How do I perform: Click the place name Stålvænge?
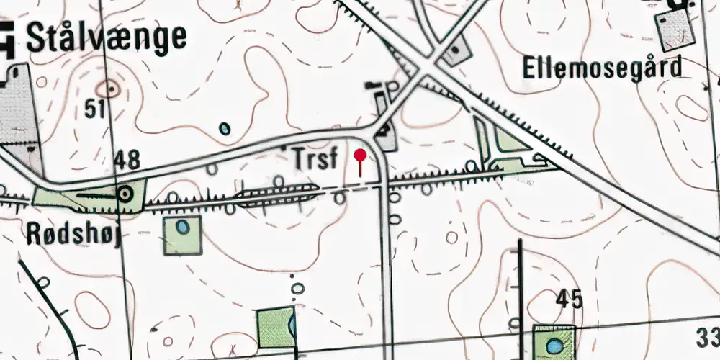tap(106, 37)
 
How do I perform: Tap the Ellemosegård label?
tap(601, 69)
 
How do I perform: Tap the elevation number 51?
tap(96, 109)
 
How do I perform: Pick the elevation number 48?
tap(126, 160)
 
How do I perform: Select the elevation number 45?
tap(569, 299)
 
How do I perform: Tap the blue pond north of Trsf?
tap(225, 130)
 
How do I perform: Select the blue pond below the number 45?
tap(554, 346)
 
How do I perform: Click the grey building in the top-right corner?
tap(675, 27)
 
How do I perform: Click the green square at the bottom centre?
tap(276, 327)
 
